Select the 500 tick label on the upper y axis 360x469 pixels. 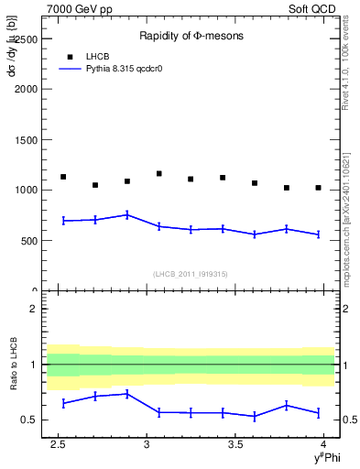click(28, 241)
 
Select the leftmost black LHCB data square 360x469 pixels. click(63, 177)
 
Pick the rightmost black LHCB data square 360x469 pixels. click(318, 188)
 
